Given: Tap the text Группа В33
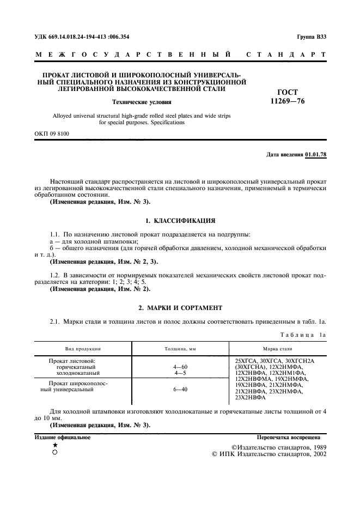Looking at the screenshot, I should [x=312, y=37].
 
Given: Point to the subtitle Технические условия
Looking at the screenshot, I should [x=141, y=101].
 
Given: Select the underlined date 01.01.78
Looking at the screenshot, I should [x=316, y=155].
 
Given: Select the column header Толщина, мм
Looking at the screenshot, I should [x=180, y=348].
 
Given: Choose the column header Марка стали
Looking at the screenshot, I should [x=277, y=348].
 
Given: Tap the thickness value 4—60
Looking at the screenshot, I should [x=180, y=367].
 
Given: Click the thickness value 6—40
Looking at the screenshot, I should [x=180, y=390].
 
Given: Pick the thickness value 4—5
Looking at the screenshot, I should [x=180, y=373].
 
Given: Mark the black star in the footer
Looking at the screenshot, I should [x=55, y=445].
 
